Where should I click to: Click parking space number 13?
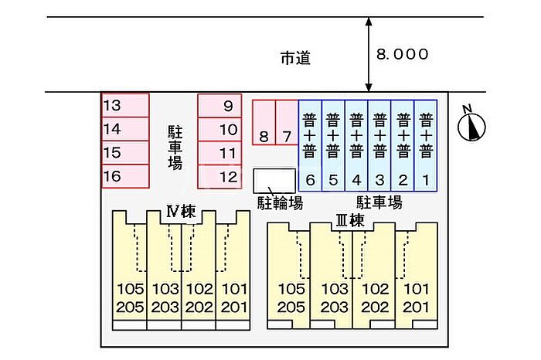pos(124,105)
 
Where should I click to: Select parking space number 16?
pos(124,176)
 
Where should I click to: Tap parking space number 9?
pos(220,106)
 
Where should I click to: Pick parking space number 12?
pos(220,177)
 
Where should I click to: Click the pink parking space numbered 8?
pos(264,124)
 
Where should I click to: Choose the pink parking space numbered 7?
pos(287,124)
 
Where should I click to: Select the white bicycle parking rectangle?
pos(274,180)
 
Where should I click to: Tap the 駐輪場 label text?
pos(280,203)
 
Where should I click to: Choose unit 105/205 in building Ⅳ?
pos(130,297)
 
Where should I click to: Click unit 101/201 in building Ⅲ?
pos(416,297)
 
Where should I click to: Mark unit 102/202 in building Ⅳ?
pos(199,297)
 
